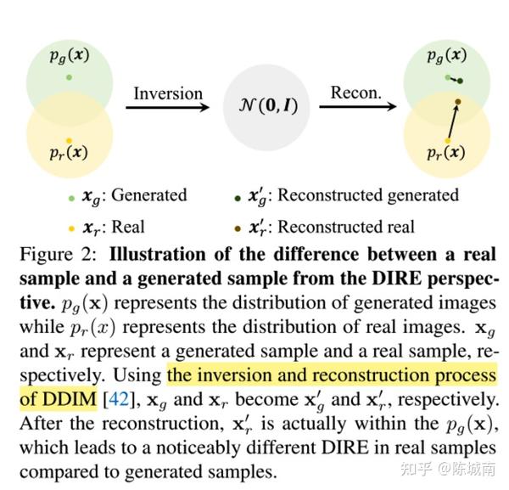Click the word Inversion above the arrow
(168, 93)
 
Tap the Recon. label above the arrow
(356, 93)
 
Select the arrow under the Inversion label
(167, 107)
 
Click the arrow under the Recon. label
(358, 106)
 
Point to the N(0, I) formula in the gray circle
(268, 105)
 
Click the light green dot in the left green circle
(69, 77)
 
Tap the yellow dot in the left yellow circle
(69, 141)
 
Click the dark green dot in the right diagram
(460, 81)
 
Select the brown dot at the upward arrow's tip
(458, 102)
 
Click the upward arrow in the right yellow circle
(453, 121)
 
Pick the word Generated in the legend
(149, 195)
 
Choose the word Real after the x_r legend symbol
(128, 227)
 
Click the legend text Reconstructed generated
(368, 195)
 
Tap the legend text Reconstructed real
(346, 227)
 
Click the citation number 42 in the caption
(119, 399)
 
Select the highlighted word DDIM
(70, 399)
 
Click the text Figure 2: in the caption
(59, 255)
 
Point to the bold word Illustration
(158, 254)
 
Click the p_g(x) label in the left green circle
(70, 55)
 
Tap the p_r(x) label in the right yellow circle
(446, 152)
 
